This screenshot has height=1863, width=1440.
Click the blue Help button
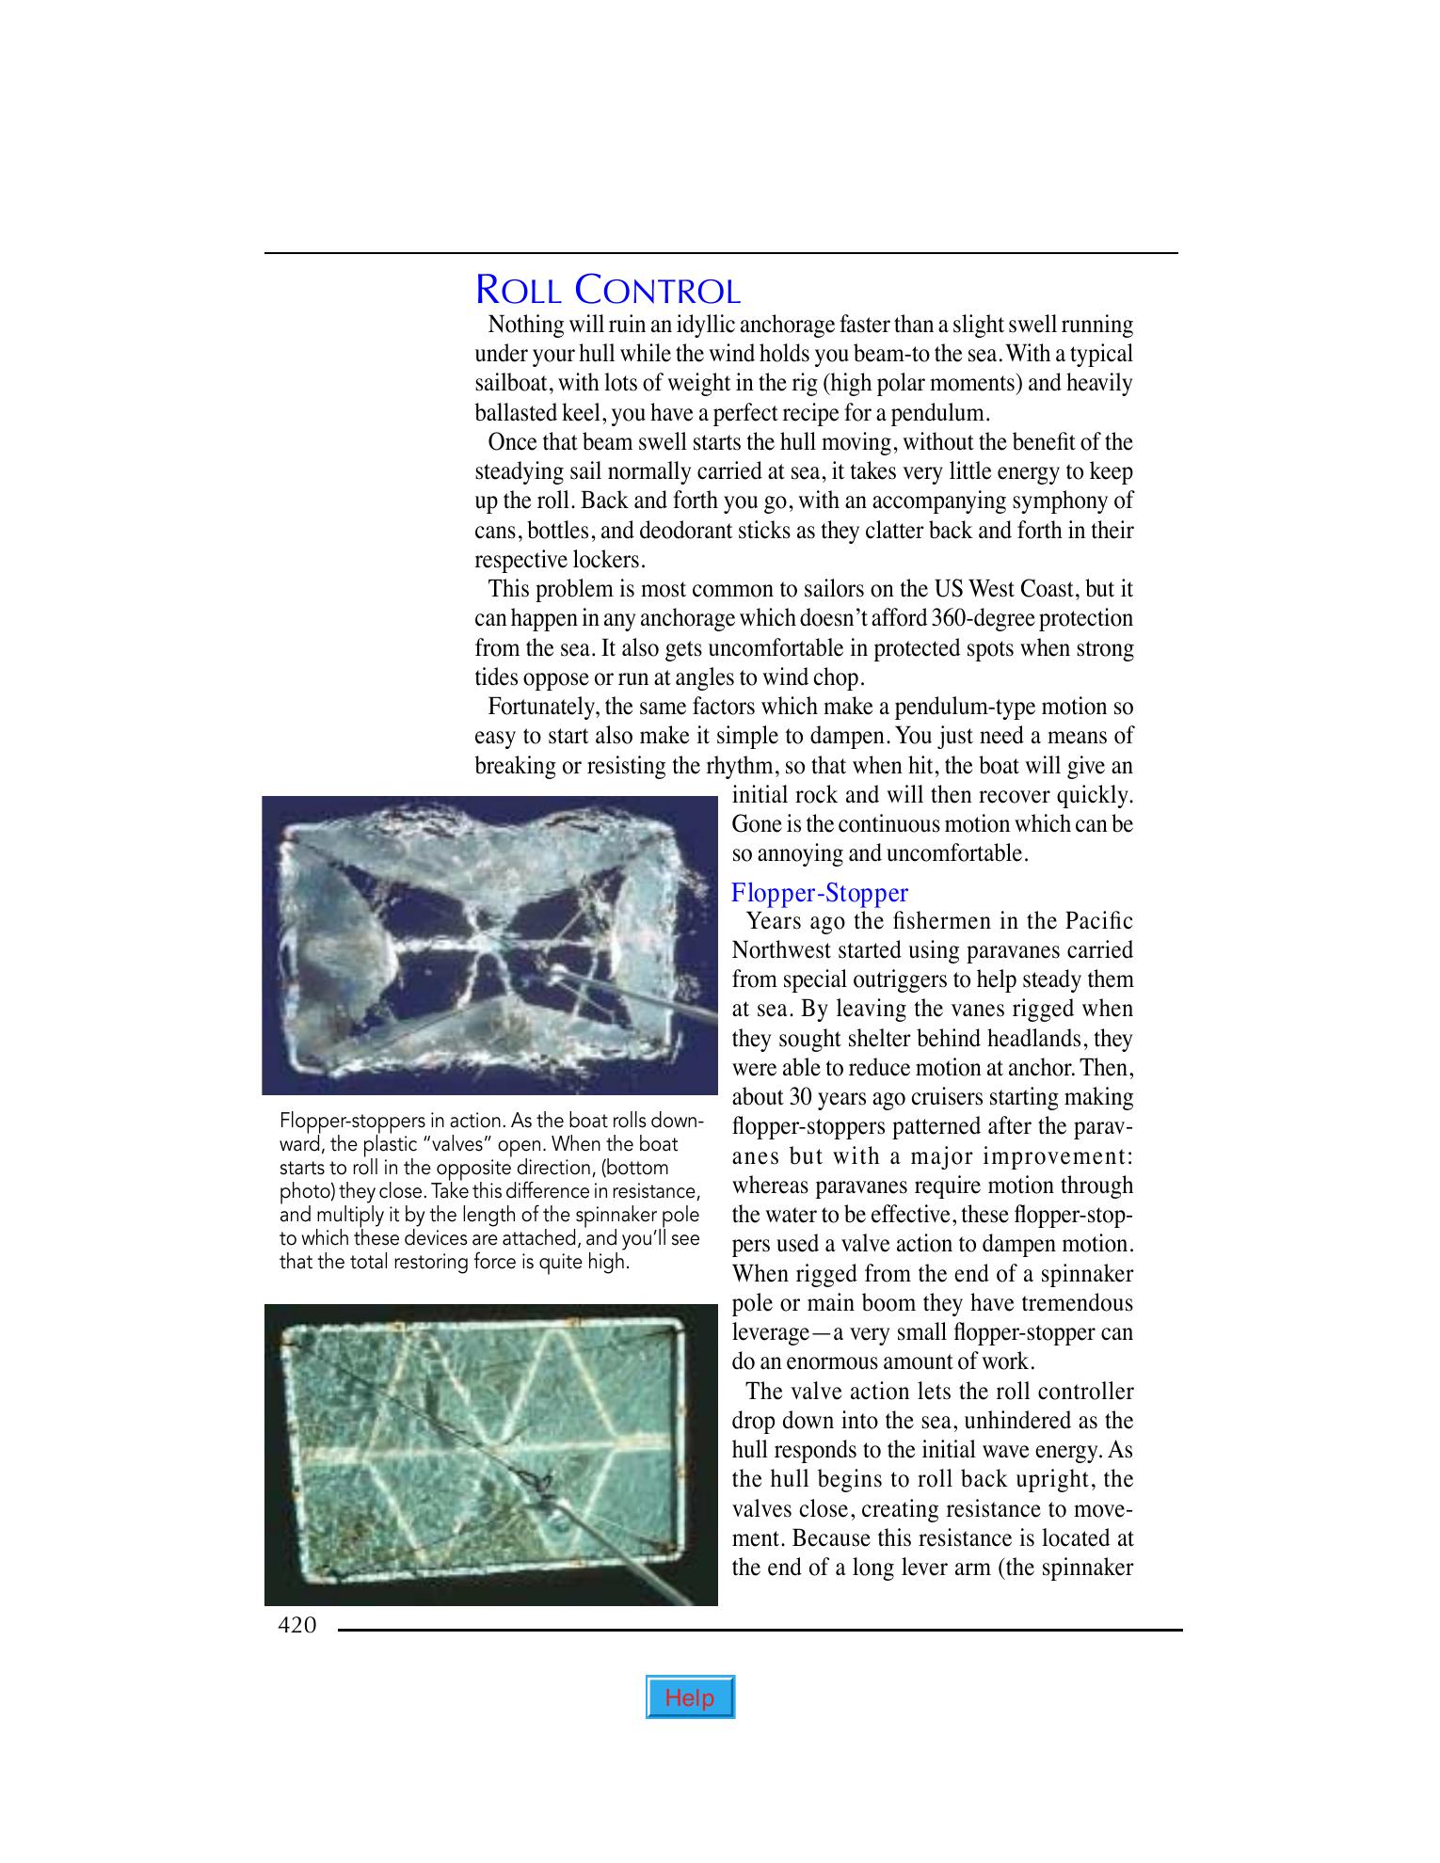[690, 1697]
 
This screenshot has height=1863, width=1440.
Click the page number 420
[297, 1625]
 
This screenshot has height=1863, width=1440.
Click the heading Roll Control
[608, 290]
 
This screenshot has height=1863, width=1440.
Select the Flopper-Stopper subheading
[820, 892]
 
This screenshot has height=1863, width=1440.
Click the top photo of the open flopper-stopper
[489, 945]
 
